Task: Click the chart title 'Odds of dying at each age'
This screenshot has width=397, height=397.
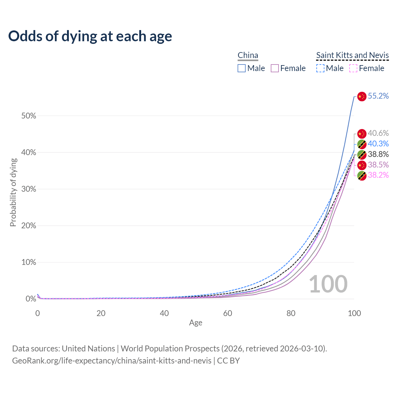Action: click(90, 36)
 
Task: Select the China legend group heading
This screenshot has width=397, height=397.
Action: click(248, 55)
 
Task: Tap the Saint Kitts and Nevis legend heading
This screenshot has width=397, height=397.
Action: click(352, 55)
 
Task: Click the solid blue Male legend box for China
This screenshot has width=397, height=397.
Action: click(242, 68)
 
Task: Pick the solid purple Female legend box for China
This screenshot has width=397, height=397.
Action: click(275, 68)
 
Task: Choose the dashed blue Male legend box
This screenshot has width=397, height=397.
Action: click(320, 68)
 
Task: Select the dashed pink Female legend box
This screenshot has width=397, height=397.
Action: click(353, 68)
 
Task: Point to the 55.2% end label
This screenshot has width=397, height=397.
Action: click(378, 96)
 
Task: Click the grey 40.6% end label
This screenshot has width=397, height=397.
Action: click(378, 133)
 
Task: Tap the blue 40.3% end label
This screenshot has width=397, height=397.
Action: click(378, 144)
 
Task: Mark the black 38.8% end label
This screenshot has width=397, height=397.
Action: click(378, 154)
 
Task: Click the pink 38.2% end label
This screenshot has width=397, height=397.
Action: click(378, 175)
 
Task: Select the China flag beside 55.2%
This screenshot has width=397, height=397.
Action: click(362, 96)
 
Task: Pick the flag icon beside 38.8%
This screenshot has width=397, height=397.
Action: click(362, 154)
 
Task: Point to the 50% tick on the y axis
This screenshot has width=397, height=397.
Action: click(29, 116)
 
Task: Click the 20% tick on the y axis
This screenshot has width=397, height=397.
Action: click(29, 226)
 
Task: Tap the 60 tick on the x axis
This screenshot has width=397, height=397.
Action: click(228, 313)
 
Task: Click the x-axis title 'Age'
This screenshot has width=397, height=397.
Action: click(196, 323)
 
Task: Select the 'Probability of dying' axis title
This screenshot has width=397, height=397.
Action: click(13, 192)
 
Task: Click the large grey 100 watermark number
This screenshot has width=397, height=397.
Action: click(328, 284)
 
